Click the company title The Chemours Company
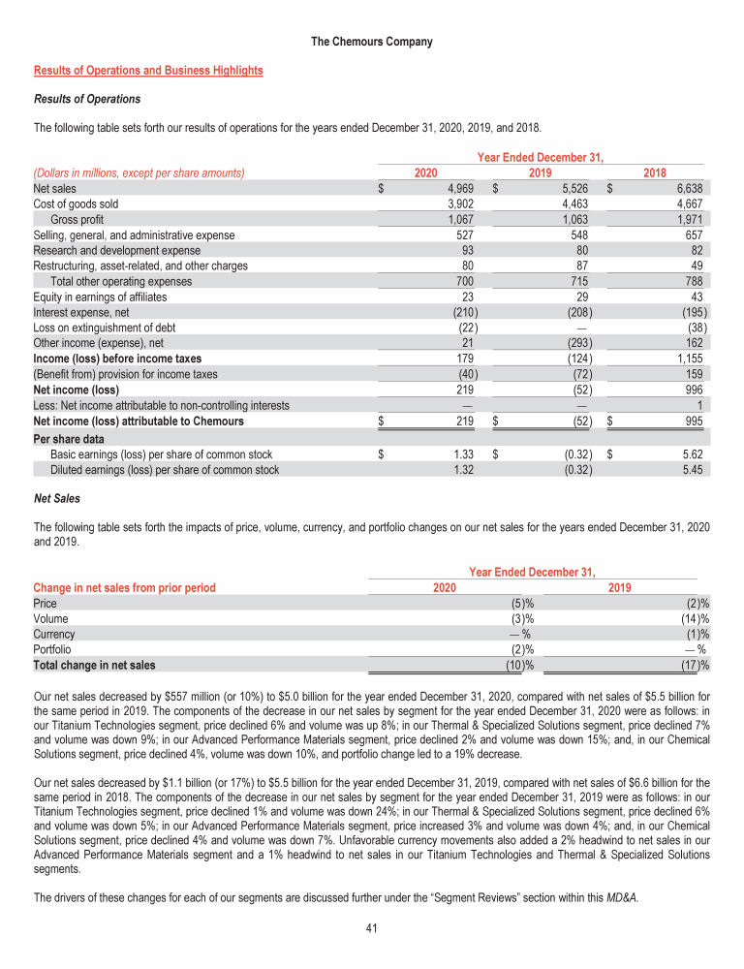click(372, 42)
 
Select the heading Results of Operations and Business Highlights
click(148, 71)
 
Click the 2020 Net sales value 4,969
click(458, 188)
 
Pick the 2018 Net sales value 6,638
click(690, 188)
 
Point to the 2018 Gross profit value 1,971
click(690, 219)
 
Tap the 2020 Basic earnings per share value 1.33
click(461, 454)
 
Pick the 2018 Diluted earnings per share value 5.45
click(693, 470)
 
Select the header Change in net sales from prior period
click(124, 587)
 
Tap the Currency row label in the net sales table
click(54, 634)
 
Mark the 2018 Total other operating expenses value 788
click(695, 281)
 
